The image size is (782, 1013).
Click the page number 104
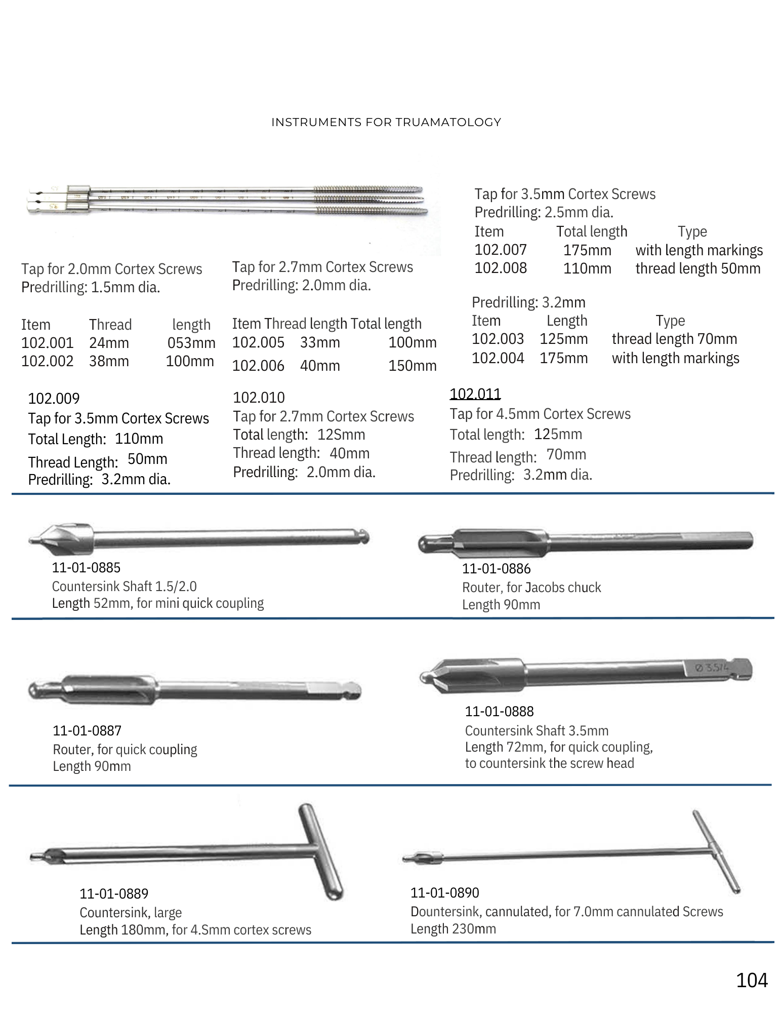coord(752,980)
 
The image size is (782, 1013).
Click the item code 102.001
coord(47,343)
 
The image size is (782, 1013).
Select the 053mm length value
coord(191,343)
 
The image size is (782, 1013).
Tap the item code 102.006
coord(258,366)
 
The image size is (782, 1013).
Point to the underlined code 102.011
coord(475,394)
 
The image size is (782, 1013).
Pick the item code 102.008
coord(501,268)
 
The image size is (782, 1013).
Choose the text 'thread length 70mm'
coord(674,339)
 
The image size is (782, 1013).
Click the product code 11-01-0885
coord(86,568)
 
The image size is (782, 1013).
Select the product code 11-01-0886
coord(496,569)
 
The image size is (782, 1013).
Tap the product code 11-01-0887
coord(87,730)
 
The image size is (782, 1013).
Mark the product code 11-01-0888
coord(499,711)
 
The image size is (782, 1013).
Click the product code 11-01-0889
coord(114,893)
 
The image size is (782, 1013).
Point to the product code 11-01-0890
coord(444,892)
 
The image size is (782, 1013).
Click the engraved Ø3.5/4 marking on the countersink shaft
coord(711,668)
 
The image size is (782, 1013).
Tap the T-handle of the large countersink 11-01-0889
coord(321,851)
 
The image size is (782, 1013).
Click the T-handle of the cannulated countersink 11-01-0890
coord(716,851)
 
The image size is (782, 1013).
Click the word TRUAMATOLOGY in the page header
coord(448,122)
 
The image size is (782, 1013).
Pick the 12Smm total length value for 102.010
coord(341,435)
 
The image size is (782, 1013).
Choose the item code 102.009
coord(54,399)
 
